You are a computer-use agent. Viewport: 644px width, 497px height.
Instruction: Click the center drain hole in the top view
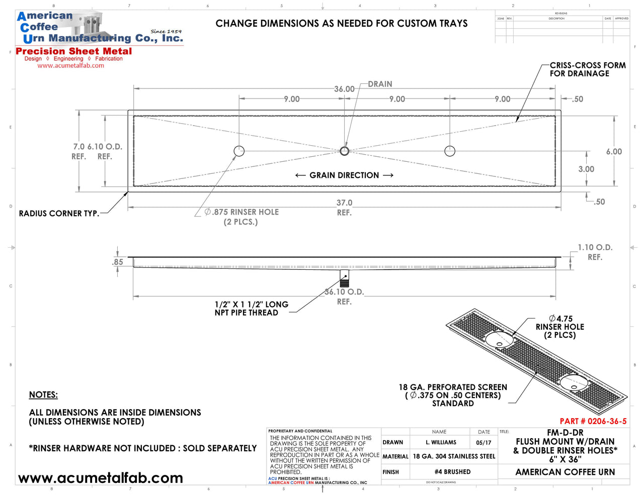[344, 151]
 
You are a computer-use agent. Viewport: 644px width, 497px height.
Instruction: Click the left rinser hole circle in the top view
[239, 151]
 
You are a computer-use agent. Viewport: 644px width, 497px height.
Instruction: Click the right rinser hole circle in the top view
[450, 151]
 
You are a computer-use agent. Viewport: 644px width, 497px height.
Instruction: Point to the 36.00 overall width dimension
[344, 89]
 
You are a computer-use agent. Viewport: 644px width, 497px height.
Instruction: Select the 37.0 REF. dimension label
[344, 207]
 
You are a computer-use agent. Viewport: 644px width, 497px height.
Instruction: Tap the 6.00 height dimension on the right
[614, 152]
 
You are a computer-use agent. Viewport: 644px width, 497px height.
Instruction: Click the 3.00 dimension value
[586, 169]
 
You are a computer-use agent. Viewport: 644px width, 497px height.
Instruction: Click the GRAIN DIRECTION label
[344, 175]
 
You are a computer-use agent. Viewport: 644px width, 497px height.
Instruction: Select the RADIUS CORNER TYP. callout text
[59, 214]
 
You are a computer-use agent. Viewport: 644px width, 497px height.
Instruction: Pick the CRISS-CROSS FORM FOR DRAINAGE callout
[587, 69]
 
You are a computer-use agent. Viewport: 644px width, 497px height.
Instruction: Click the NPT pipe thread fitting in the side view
[344, 279]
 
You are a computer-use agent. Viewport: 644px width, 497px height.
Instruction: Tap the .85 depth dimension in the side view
[117, 262]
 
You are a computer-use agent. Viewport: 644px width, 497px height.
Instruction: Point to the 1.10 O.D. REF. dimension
[595, 252]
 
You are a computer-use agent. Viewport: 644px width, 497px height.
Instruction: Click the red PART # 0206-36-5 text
[593, 421]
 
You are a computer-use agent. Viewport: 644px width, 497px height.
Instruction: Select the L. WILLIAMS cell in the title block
[441, 443]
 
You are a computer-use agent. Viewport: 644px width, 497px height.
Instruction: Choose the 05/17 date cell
[484, 443]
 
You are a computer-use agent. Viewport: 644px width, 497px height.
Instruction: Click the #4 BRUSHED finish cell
[453, 472]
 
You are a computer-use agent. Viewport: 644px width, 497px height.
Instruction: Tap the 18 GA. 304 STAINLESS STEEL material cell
[454, 456]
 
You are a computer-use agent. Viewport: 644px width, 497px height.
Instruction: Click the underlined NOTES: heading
[43, 395]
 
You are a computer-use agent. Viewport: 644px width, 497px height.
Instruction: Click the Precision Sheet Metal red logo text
[74, 51]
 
